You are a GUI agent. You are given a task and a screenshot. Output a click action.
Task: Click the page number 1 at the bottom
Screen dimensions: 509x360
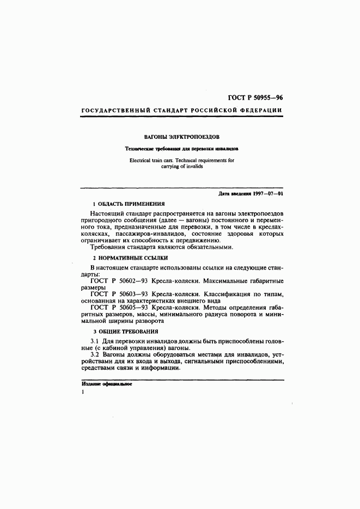[x=82, y=392]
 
